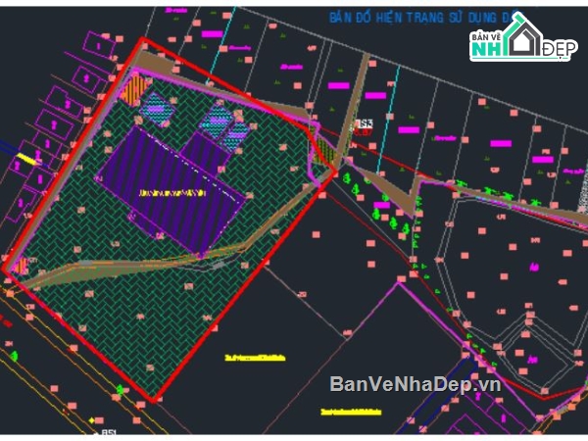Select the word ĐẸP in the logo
pyautogui.click(x=560, y=48)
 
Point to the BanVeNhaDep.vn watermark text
pyautogui.click(x=416, y=383)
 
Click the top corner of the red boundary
pyautogui.click(x=143, y=40)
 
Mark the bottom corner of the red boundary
pyautogui.click(x=153, y=401)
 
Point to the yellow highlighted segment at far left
pyautogui.click(x=27, y=157)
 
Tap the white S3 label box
pyautogui.click(x=365, y=124)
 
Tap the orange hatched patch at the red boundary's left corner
pyautogui.click(x=21, y=266)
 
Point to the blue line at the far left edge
pyautogui.click(x=8, y=150)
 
